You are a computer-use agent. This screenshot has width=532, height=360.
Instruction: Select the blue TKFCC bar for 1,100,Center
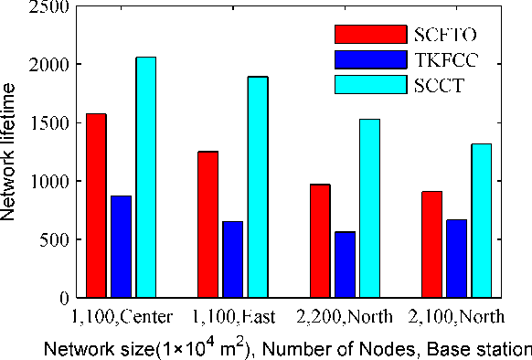tap(121, 247)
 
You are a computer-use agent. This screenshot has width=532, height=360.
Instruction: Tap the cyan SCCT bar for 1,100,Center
tap(145, 177)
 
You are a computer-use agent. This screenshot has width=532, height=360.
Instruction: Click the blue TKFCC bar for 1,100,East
tap(233, 259)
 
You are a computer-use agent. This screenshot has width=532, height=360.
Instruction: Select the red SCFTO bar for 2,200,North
tap(320, 241)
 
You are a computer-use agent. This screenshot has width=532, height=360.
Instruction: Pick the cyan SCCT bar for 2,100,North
tap(481, 220)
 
